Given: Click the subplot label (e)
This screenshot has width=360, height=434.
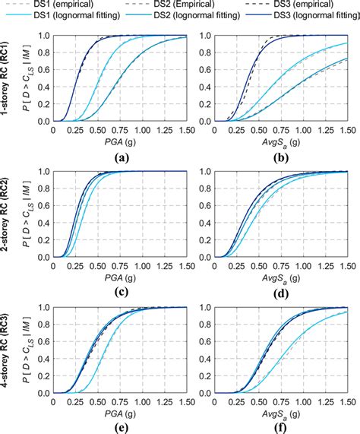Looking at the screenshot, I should (119, 426).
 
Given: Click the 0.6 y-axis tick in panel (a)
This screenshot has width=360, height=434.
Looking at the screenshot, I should (43, 69).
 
